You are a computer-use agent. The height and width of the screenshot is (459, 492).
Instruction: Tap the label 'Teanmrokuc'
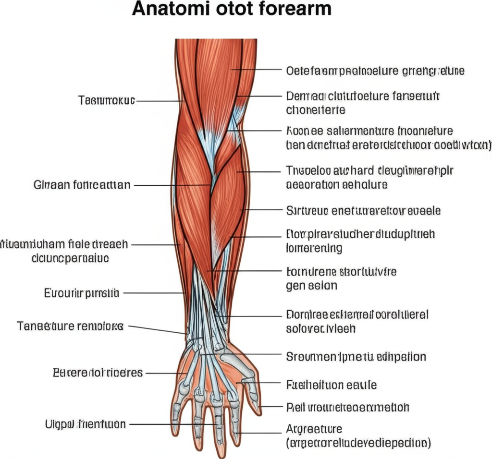coord(106,101)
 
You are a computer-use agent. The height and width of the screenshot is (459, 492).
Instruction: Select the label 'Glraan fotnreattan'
coord(82,184)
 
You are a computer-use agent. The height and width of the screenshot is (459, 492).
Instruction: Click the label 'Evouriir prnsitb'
coord(82,292)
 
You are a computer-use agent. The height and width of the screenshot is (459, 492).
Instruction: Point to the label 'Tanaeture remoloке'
coord(70,326)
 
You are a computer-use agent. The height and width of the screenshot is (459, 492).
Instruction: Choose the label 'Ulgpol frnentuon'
coord(85,424)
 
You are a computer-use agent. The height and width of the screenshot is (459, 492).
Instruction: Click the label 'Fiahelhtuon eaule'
coord(331,385)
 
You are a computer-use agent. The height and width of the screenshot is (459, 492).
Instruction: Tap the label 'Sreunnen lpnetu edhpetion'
coord(356,357)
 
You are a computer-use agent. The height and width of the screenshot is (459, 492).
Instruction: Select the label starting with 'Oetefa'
coord(375,71)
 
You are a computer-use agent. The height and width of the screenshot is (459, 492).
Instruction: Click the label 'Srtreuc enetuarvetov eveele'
coord(363,210)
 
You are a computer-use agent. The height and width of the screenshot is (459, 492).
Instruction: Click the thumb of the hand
coord(251,384)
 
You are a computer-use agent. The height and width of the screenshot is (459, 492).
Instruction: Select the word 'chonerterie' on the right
coord(315,109)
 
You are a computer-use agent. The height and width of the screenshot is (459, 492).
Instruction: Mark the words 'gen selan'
coord(311,285)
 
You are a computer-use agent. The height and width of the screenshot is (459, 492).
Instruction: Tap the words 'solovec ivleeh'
coord(320,329)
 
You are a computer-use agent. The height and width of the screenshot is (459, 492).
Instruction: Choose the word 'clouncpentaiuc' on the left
coord(70,258)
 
